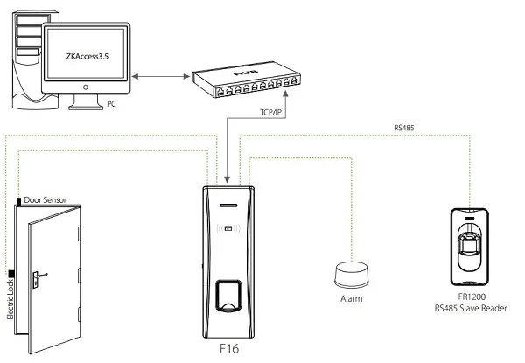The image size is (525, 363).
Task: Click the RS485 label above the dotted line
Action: [x=404, y=128]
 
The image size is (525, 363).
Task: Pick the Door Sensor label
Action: [x=52, y=200]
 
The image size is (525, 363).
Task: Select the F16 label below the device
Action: [x=231, y=349]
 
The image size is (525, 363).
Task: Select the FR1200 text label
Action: [x=470, y=297]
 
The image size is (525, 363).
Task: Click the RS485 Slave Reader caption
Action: [x=470, y=309]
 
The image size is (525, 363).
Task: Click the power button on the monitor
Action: [x=86, y=87]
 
